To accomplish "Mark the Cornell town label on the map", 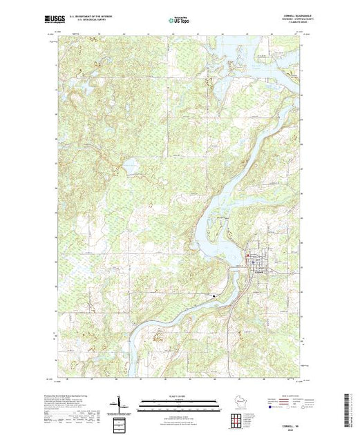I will click(x=258, y=269).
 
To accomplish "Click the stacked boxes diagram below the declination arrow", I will click(x=120, y=421).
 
